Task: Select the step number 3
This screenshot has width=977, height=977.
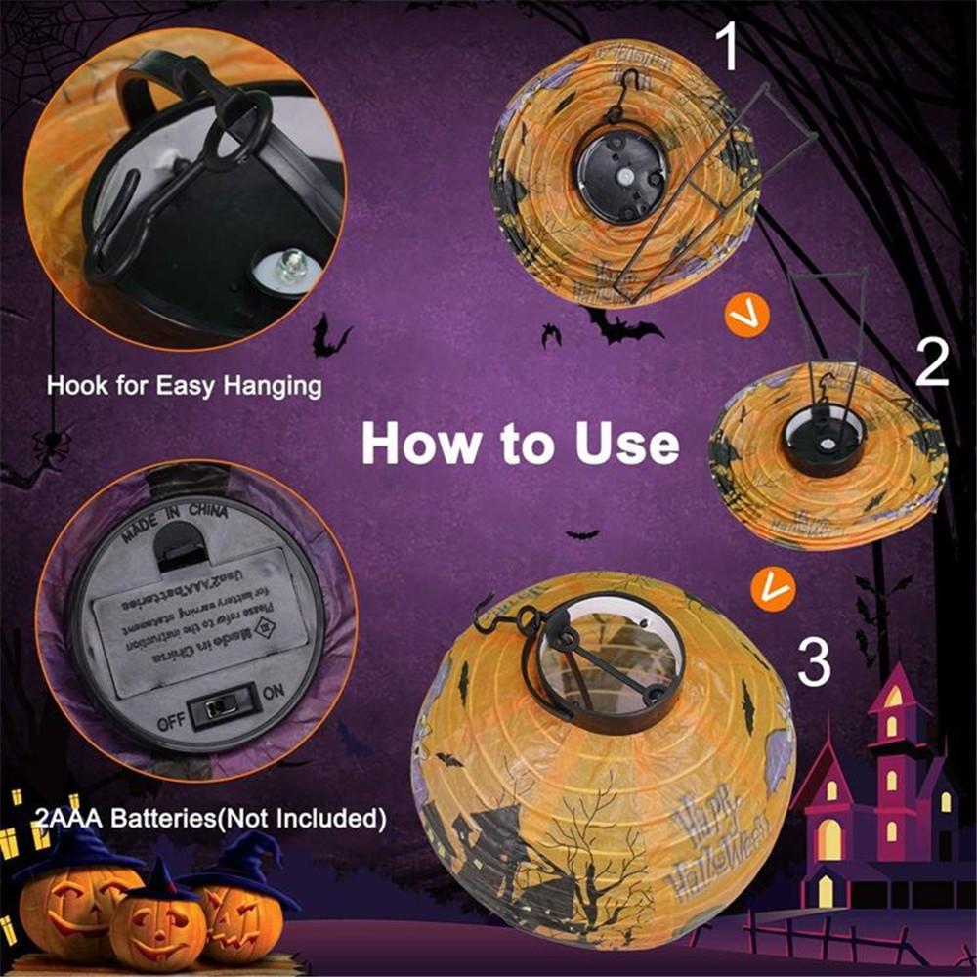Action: tap(814, 661)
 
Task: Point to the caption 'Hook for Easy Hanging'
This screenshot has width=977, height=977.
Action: tap(184, 385)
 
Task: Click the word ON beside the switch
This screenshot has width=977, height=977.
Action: tap(274, 691)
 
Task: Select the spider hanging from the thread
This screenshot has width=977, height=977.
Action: tap(51, 445)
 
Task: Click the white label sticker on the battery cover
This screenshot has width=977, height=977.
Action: tap(200, 626)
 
